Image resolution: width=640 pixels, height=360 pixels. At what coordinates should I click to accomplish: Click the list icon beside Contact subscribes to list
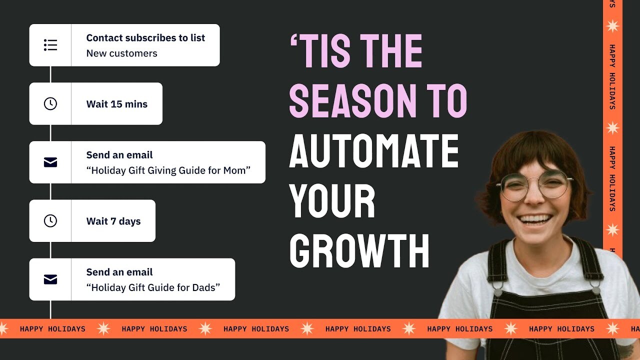pos(50,45)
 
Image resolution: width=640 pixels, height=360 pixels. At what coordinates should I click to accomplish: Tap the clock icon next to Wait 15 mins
pos(50,103)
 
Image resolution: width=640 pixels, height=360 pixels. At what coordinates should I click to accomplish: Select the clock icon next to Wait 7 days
pos(50,220)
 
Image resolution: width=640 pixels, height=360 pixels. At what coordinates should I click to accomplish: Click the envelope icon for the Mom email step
pos(50,162)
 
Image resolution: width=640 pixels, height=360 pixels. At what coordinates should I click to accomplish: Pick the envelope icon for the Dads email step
pos(50,279)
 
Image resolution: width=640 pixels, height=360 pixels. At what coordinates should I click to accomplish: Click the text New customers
pos(121,53)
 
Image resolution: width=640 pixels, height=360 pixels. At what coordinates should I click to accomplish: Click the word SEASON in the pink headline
pos(352,101)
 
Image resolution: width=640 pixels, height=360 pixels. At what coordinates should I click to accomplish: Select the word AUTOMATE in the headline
pos(374,151)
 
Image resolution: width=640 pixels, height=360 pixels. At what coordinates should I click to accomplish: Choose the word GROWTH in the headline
pos(359,251)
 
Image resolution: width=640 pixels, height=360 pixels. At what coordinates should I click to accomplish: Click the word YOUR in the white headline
pos(332,201)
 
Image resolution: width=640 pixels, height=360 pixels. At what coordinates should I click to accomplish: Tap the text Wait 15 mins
pos(117,104)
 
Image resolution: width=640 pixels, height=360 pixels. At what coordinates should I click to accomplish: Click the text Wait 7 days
pos(113,221)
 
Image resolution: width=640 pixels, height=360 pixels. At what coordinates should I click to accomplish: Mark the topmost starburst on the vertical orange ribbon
pos(612,26)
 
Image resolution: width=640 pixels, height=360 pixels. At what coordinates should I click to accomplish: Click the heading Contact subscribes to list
pos(145,38)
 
